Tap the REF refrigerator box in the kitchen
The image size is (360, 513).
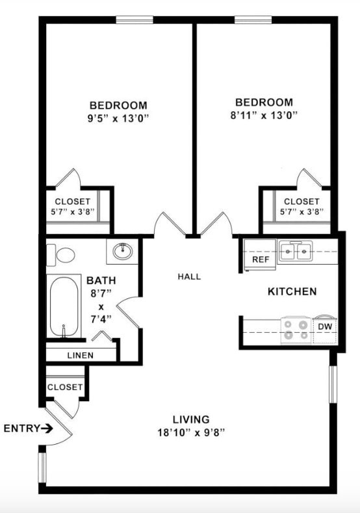(x=260, y=259)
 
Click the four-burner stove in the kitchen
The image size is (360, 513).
(x=296, y=330)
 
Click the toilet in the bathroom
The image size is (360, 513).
(x=63, y=254)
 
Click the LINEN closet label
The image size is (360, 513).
(x=80, y=356)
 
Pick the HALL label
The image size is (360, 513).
(x=189, y=276)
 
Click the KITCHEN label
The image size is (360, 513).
(x=292, y=291)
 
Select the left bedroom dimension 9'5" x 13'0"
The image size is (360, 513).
(x=118, y=119)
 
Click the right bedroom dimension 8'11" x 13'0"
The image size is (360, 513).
(x=263, y=116)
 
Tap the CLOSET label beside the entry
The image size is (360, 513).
(x=65, y=387)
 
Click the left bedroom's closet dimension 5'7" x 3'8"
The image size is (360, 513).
(x=72, y=212)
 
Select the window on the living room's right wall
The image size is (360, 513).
(x=332, y=384)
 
